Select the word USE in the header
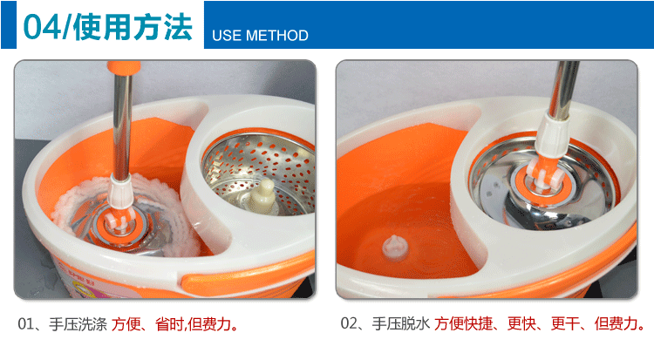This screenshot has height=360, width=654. pyautogui.click(x=228, y=36)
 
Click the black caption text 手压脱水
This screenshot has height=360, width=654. pyautogui.click(x=401, y=324)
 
